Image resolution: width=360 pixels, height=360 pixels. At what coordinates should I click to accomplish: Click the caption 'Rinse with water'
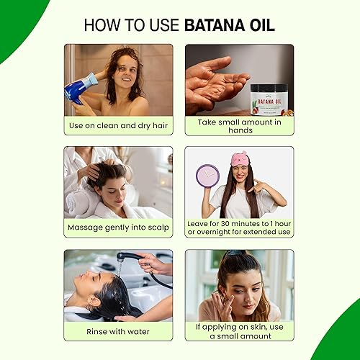(119, 332)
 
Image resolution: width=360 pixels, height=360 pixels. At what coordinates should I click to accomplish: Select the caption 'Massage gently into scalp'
(119, 228)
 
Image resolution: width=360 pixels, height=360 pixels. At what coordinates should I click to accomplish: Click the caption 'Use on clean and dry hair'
(119, 125)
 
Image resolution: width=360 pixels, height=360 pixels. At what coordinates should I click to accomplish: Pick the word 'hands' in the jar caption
(239, 130)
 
